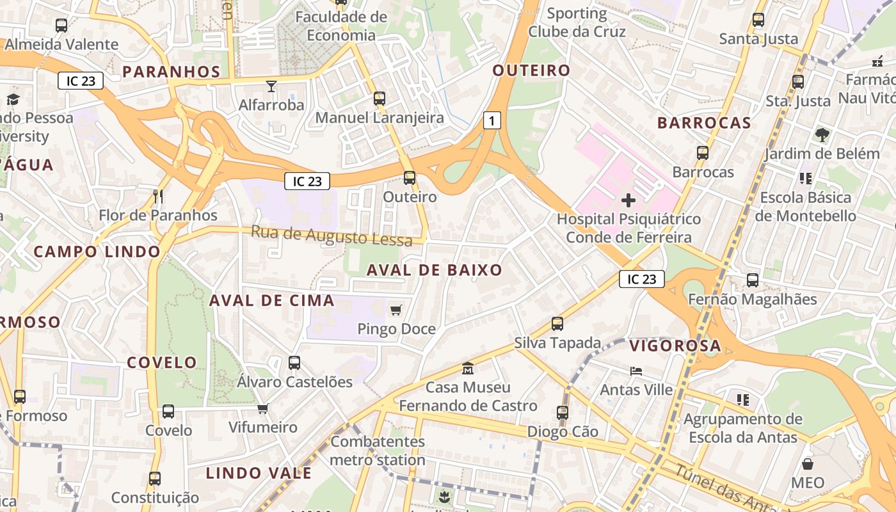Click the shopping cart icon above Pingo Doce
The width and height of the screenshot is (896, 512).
[396, 310]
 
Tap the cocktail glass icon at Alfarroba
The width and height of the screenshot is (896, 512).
[271, 86]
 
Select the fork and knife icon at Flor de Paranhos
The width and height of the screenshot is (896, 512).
[158, 196]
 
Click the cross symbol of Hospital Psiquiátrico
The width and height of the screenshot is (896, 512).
[628, 200]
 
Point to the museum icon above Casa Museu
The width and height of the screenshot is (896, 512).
[468, 369]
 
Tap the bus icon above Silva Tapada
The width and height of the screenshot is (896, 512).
[557, 324]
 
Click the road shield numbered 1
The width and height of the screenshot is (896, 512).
[492, 120]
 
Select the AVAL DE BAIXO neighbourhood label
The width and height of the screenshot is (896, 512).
[435, 270]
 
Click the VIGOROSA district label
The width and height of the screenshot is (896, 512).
[675, 346]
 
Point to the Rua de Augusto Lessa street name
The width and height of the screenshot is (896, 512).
[331, 236]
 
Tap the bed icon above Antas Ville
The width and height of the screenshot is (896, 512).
[636, 371]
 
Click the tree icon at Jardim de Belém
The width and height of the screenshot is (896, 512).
[822, 135]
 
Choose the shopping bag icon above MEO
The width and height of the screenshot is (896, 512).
[808, 464]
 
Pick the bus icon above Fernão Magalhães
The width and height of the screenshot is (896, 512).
[753, 280]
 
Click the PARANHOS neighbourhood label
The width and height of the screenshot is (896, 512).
[172, 71]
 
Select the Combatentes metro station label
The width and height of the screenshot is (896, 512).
[378, 451]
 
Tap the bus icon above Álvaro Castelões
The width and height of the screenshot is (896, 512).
[294, 363]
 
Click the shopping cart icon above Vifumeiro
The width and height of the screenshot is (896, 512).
[263, 408]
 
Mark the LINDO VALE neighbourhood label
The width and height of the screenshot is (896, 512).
[259, 474]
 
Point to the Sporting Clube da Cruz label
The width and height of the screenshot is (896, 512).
[577, 22]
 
